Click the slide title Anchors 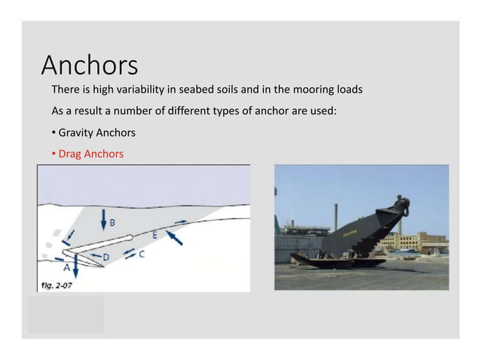(89, 66)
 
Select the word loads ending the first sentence (348, 90)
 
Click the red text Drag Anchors (91, 154)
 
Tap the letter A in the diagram (66, 267)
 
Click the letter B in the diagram (112, 223)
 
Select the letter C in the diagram (141, 255)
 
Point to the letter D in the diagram (106, 258)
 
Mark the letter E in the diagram (155, 235)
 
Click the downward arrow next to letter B (103, 219)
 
